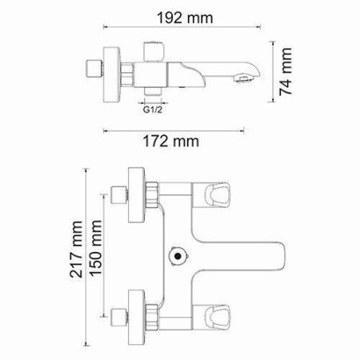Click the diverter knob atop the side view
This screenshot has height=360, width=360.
point(151,49)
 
